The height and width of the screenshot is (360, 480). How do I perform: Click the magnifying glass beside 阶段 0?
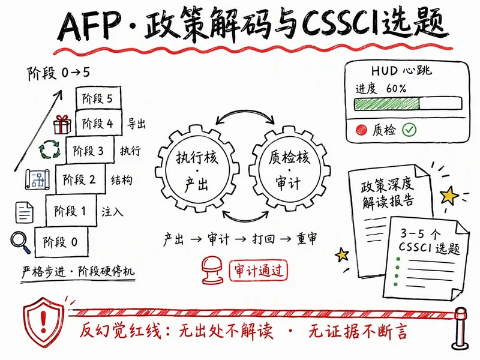[20, 242]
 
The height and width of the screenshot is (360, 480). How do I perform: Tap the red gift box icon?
[62, 125]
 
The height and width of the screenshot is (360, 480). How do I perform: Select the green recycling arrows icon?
[50, 149]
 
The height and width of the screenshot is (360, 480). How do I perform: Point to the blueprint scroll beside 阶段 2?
[37, 179]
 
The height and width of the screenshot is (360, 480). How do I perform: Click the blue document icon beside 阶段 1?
[24, 212]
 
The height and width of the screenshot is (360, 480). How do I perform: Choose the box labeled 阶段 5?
[98, 98]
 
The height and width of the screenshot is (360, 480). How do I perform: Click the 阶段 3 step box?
[90, 151]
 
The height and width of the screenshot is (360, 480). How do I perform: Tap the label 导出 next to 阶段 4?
[136, 124]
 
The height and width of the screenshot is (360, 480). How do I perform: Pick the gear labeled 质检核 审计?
[290, 170]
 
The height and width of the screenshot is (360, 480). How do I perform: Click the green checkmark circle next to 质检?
[409, 130]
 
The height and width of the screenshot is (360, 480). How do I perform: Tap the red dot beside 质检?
[362, 130]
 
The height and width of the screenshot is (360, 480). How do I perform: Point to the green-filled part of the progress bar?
[386, 104]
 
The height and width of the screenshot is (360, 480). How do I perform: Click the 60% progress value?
[396, 88]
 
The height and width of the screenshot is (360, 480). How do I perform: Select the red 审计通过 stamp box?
[259, 271]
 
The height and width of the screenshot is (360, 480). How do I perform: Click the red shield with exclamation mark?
[44, 322]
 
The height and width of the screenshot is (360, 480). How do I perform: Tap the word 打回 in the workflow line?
[263, 238]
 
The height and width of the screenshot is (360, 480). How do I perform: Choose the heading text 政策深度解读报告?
[388, 193]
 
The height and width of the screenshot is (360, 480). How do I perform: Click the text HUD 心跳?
[401, 71]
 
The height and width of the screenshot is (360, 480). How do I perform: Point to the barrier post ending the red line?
[460, 328]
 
